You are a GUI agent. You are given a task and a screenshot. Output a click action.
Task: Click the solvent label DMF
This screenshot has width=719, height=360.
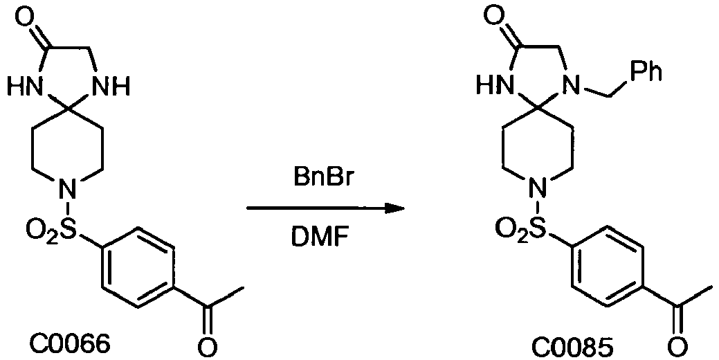point(321,238)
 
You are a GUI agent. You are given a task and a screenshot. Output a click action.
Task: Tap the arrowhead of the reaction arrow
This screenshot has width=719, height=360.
point(394,208)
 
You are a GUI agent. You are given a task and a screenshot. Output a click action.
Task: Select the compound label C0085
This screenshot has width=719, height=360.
point(572,348)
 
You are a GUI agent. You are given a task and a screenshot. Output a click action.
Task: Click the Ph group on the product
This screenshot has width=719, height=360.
point(645,73)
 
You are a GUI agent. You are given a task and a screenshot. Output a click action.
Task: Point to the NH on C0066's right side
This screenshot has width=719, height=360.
point(111,86)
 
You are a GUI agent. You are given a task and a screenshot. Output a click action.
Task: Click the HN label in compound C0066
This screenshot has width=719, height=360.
point(26,86)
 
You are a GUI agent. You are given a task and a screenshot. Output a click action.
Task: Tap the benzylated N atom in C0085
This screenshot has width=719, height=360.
point(572,86)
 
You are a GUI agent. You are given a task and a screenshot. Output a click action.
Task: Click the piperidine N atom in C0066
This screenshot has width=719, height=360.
point(68,188)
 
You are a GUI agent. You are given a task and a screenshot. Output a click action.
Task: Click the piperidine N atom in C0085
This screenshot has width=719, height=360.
point(538,188)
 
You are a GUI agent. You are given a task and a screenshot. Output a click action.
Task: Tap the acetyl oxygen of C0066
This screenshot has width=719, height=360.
point(208,345)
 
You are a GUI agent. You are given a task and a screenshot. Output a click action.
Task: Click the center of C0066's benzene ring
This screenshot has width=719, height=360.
point(138,268)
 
